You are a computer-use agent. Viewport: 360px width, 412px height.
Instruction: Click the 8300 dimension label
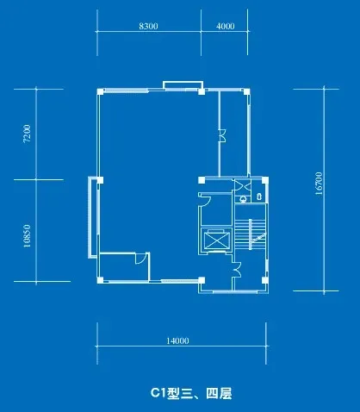pyautogui.click(x=148, y=26)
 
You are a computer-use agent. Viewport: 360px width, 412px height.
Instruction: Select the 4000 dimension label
pyautogui.click(x=225, y=26)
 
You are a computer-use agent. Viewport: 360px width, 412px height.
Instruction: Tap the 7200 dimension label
pyautogui.click(x=27, y=134)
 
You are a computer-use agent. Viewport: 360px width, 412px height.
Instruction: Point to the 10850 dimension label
pyautogui.click(x=27, y=236)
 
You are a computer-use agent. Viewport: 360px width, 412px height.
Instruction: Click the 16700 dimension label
pyautogui.click(x=319, y=184)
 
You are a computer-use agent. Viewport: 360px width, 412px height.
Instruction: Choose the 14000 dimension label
pyautogui.click(x=177, y=340)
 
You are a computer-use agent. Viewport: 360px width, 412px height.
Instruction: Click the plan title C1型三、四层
pyautogui.click(x=191, y=393)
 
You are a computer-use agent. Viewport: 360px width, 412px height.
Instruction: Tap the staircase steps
pyautogui.click(x=250, y=234)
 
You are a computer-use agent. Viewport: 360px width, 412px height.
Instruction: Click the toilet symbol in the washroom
pyautogui.click(x=243, y=198)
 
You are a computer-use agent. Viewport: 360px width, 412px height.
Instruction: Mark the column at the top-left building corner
pyautogui.click(x=100, y=91)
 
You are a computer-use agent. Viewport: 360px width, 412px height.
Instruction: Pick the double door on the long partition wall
pyautogui.click(x=222, y=135)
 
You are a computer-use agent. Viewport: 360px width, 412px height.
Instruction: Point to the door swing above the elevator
pyautogui.click(x=204, y=199)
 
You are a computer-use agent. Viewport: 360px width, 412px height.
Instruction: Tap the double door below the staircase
pyautogui.click(x=237, y=270)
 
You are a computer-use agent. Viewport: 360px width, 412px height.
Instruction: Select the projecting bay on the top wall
pyautogui.click(x=183, y=85)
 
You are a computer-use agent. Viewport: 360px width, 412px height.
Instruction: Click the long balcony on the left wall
pyautogui.click(x=93, y=217)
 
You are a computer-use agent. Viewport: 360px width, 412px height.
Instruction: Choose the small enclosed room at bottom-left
pyautogui.click(x=124, y=266)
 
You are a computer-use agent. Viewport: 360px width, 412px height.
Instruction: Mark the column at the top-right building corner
pyautogui.click(x=246, y=91)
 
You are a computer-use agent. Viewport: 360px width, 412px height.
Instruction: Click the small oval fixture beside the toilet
pyautogui.click(x=259, y=197)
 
